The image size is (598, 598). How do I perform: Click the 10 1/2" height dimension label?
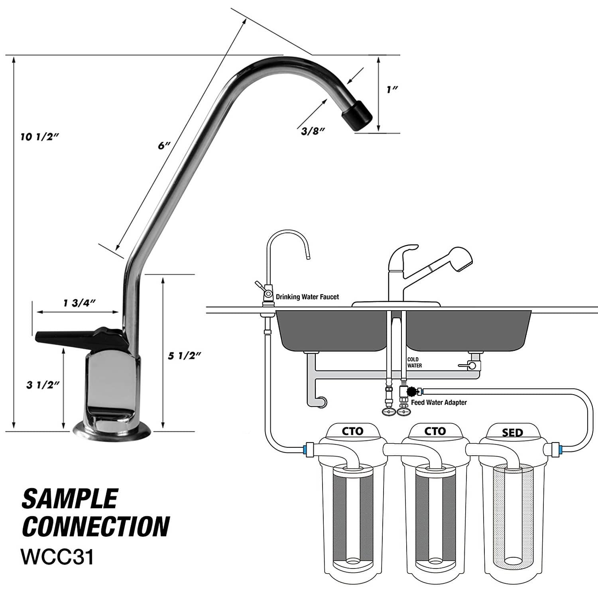[x=40, y=138]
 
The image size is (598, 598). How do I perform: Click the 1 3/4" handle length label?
[x=80, y=303]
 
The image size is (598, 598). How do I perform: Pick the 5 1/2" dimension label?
[x=184, y=356]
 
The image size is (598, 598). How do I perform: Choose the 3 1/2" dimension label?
[x=43, y=385]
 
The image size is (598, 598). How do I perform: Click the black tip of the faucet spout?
[x=357, y=115]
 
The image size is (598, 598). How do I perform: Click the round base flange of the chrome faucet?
[x=113, y=432]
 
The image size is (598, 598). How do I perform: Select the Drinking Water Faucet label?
[x=307, y=297]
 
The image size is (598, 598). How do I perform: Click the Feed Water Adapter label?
[x=439, y=403]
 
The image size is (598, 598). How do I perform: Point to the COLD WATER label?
[x=414, y=362]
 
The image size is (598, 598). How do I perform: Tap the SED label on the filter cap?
[x=512, y=433]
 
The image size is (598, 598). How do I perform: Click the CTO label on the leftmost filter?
[x=353, y=431]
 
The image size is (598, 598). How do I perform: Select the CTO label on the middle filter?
[x=435, y=431]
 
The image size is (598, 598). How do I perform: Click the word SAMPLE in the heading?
[x=70, y=499]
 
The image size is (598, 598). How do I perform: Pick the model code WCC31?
[x=58, y=557]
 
